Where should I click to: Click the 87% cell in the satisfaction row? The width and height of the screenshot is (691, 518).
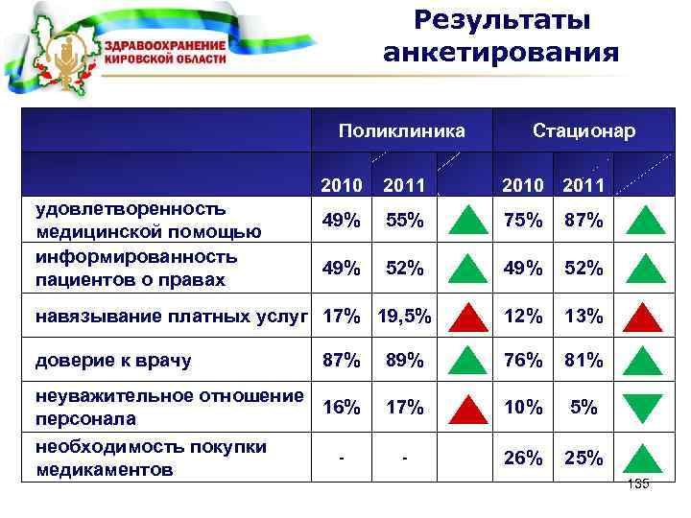584,221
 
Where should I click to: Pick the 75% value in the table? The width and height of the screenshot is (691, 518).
523,221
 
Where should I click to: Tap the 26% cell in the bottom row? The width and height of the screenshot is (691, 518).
523,459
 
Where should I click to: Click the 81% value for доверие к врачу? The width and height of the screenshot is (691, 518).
584,361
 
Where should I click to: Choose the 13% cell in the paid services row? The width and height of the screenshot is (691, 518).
584,315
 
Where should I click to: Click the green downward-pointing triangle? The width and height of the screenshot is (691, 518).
644,408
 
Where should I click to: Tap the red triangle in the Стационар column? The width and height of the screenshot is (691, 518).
644,316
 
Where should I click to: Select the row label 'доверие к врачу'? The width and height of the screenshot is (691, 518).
113,362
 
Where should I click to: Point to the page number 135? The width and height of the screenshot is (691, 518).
637,484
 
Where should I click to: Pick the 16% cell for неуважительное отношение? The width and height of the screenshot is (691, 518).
343,407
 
